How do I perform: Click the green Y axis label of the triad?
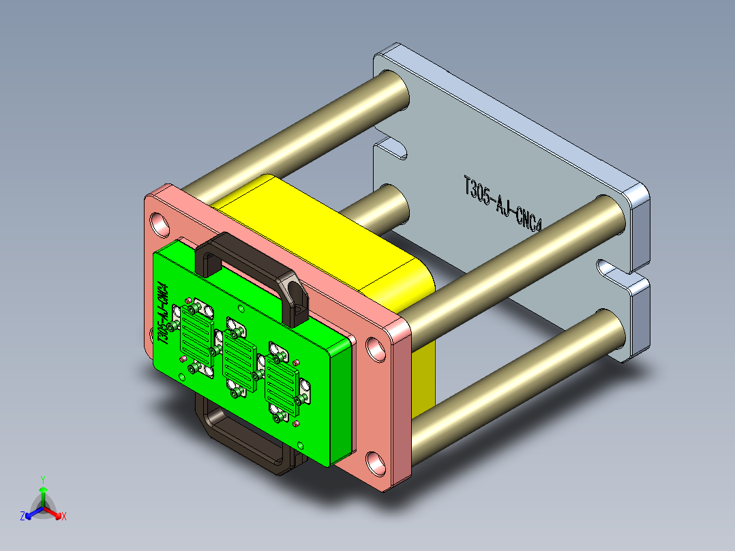point(42,479)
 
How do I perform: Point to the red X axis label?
point(64,516)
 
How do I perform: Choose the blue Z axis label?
point(22,516)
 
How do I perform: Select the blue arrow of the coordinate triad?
point(32,511)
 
